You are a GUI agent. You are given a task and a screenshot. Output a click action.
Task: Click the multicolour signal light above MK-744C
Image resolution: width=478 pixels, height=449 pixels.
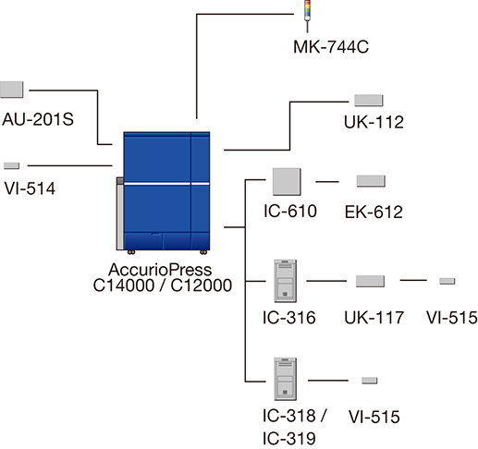pyautogui.click(x=307, y=16)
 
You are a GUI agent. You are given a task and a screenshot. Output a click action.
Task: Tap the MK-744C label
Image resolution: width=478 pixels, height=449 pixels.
pyautogui.click(x=331, y=47)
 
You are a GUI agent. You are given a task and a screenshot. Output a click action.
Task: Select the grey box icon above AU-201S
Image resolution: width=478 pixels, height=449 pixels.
pyautogui.click(x=12, y=90)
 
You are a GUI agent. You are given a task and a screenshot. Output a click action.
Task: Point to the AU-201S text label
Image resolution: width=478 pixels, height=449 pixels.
pyautogui.click(x=38, y=119)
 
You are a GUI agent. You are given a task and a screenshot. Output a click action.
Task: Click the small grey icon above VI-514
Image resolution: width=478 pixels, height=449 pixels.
pyautogui.click(x=12, y=166)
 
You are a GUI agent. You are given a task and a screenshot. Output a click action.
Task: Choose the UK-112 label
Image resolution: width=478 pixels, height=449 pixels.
pyautogui.click(x=374, y=122)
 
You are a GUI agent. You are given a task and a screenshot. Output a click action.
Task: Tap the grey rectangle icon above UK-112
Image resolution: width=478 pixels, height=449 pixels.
pyautogui.click(x=369, y=101)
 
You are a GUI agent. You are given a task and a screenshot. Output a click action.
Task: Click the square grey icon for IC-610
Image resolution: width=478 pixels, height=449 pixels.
pyautogui.click(x=287, y=182)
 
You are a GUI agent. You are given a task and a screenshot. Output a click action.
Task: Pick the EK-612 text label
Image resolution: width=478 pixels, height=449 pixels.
pyautogui.click(x=374, y=212)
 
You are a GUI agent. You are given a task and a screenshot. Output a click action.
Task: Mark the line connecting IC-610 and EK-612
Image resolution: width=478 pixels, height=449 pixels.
pyautogui.click(x=327, y=182)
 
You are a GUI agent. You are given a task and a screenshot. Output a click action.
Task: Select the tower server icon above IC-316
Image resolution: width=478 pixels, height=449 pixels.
pyautogui.click(x=286, y=281)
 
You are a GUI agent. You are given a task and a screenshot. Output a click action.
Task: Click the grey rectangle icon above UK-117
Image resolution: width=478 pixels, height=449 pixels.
pyautogui.click(x=370, y=281)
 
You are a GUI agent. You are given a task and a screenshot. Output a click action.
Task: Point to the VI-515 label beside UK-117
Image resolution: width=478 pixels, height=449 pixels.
pyautogui.click(x=452, y=318)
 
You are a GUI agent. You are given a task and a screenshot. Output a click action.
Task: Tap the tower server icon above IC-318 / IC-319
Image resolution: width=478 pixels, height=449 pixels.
pyautogui.click(x=286, y=379)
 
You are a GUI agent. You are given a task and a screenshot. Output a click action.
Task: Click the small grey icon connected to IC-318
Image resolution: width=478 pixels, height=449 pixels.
pyautogui.click(x=370, y=381)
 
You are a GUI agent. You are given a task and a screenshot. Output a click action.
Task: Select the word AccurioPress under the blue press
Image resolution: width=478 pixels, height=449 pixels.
pyautogui.click(x=160, y=270)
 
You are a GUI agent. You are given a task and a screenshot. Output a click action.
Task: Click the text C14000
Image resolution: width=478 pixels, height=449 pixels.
pyautogui.click(x=124, y=285)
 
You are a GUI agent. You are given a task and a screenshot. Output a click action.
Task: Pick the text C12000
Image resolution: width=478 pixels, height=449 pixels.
pyautogui.click(x=202, y=285)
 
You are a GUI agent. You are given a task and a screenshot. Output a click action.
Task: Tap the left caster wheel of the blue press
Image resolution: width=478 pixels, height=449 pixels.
pyautogui.click(x=131, y=252)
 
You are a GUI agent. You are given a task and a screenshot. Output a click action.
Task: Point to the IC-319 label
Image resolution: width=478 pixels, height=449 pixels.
pyautogui.click(x=289, y=439)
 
